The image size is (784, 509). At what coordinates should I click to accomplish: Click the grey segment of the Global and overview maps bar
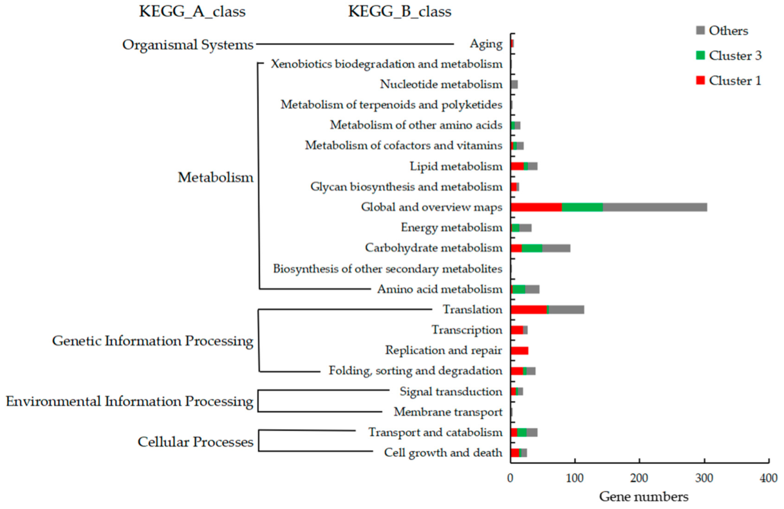(655, 207)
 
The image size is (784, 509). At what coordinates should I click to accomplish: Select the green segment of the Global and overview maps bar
(582, 207)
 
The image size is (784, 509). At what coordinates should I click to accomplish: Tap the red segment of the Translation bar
(528, 309)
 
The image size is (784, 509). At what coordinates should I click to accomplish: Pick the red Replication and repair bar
(519, 350)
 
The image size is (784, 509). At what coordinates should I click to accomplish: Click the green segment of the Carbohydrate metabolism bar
(532, 248)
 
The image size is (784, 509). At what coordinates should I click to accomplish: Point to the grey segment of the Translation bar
(566, 309)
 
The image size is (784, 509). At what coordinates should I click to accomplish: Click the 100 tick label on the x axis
(575, 478)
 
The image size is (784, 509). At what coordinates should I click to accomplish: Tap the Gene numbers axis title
(644, 497)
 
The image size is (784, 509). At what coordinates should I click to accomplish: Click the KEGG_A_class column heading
(192, 11)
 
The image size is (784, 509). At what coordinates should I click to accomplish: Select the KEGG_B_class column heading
(400, 11)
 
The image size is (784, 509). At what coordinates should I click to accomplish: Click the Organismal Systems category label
(188, 45)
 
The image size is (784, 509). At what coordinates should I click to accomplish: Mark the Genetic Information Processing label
(153, 341)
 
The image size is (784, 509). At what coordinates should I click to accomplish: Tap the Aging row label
(486, 44)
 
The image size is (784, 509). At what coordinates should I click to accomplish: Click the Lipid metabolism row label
(456, 166)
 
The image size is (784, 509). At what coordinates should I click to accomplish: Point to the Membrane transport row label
(448, 412)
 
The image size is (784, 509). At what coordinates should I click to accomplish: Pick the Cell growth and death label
(443, 453)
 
